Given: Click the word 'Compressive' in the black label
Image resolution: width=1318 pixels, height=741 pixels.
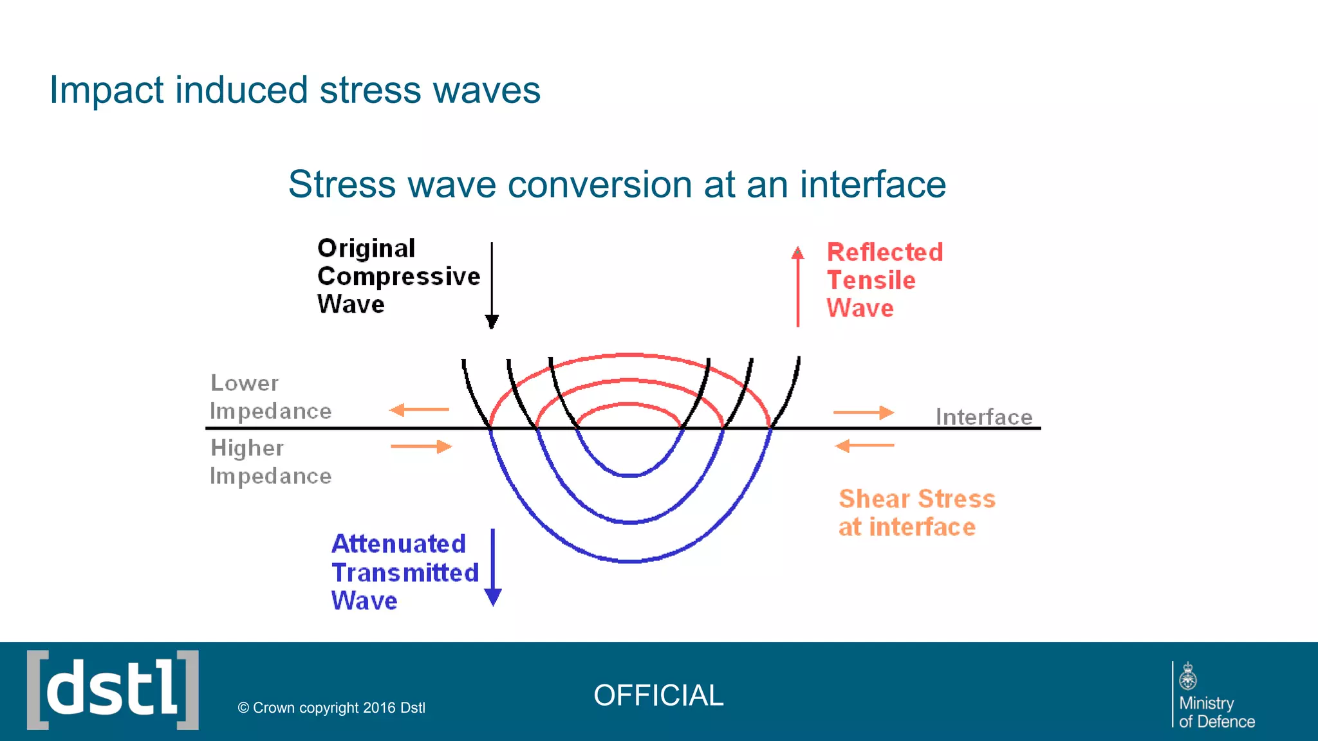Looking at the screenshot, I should (398, 277).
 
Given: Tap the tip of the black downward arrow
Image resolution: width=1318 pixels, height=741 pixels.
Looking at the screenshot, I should (492, 324).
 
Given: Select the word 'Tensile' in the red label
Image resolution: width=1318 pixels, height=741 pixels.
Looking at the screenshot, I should (871, 280).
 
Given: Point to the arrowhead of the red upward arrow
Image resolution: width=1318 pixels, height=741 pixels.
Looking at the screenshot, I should (798, 253).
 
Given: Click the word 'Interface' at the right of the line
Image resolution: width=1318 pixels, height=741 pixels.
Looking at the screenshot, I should (983, 417).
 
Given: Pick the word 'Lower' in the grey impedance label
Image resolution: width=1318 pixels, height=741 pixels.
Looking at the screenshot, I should (245, 383).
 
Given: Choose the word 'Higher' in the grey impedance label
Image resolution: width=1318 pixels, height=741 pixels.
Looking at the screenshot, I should (247, 448).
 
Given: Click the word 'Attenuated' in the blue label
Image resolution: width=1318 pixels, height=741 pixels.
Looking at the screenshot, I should (398, 544).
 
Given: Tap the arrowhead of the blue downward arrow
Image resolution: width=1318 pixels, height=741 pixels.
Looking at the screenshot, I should (493, 598).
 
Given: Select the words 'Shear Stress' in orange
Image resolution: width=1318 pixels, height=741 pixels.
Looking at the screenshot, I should (916, 499).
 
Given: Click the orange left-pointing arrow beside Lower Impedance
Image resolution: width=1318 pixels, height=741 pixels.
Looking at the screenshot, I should (418, 410).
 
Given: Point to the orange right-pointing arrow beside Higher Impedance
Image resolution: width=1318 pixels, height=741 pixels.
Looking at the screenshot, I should (422, 446).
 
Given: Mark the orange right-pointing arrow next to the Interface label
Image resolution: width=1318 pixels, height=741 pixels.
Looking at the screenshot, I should (864, 412).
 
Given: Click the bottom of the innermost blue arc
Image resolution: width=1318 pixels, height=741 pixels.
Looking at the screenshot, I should (629, 475).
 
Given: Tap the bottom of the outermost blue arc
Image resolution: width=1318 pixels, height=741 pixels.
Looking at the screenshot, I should (629, 562).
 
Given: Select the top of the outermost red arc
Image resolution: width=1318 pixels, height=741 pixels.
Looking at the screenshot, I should (628, 354).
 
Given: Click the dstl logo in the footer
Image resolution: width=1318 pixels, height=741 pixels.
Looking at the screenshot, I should (113, 690).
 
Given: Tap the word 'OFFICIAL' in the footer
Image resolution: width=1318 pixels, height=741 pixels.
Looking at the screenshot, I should (658, 695).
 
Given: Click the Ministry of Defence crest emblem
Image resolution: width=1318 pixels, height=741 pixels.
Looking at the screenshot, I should (1187, 677).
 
